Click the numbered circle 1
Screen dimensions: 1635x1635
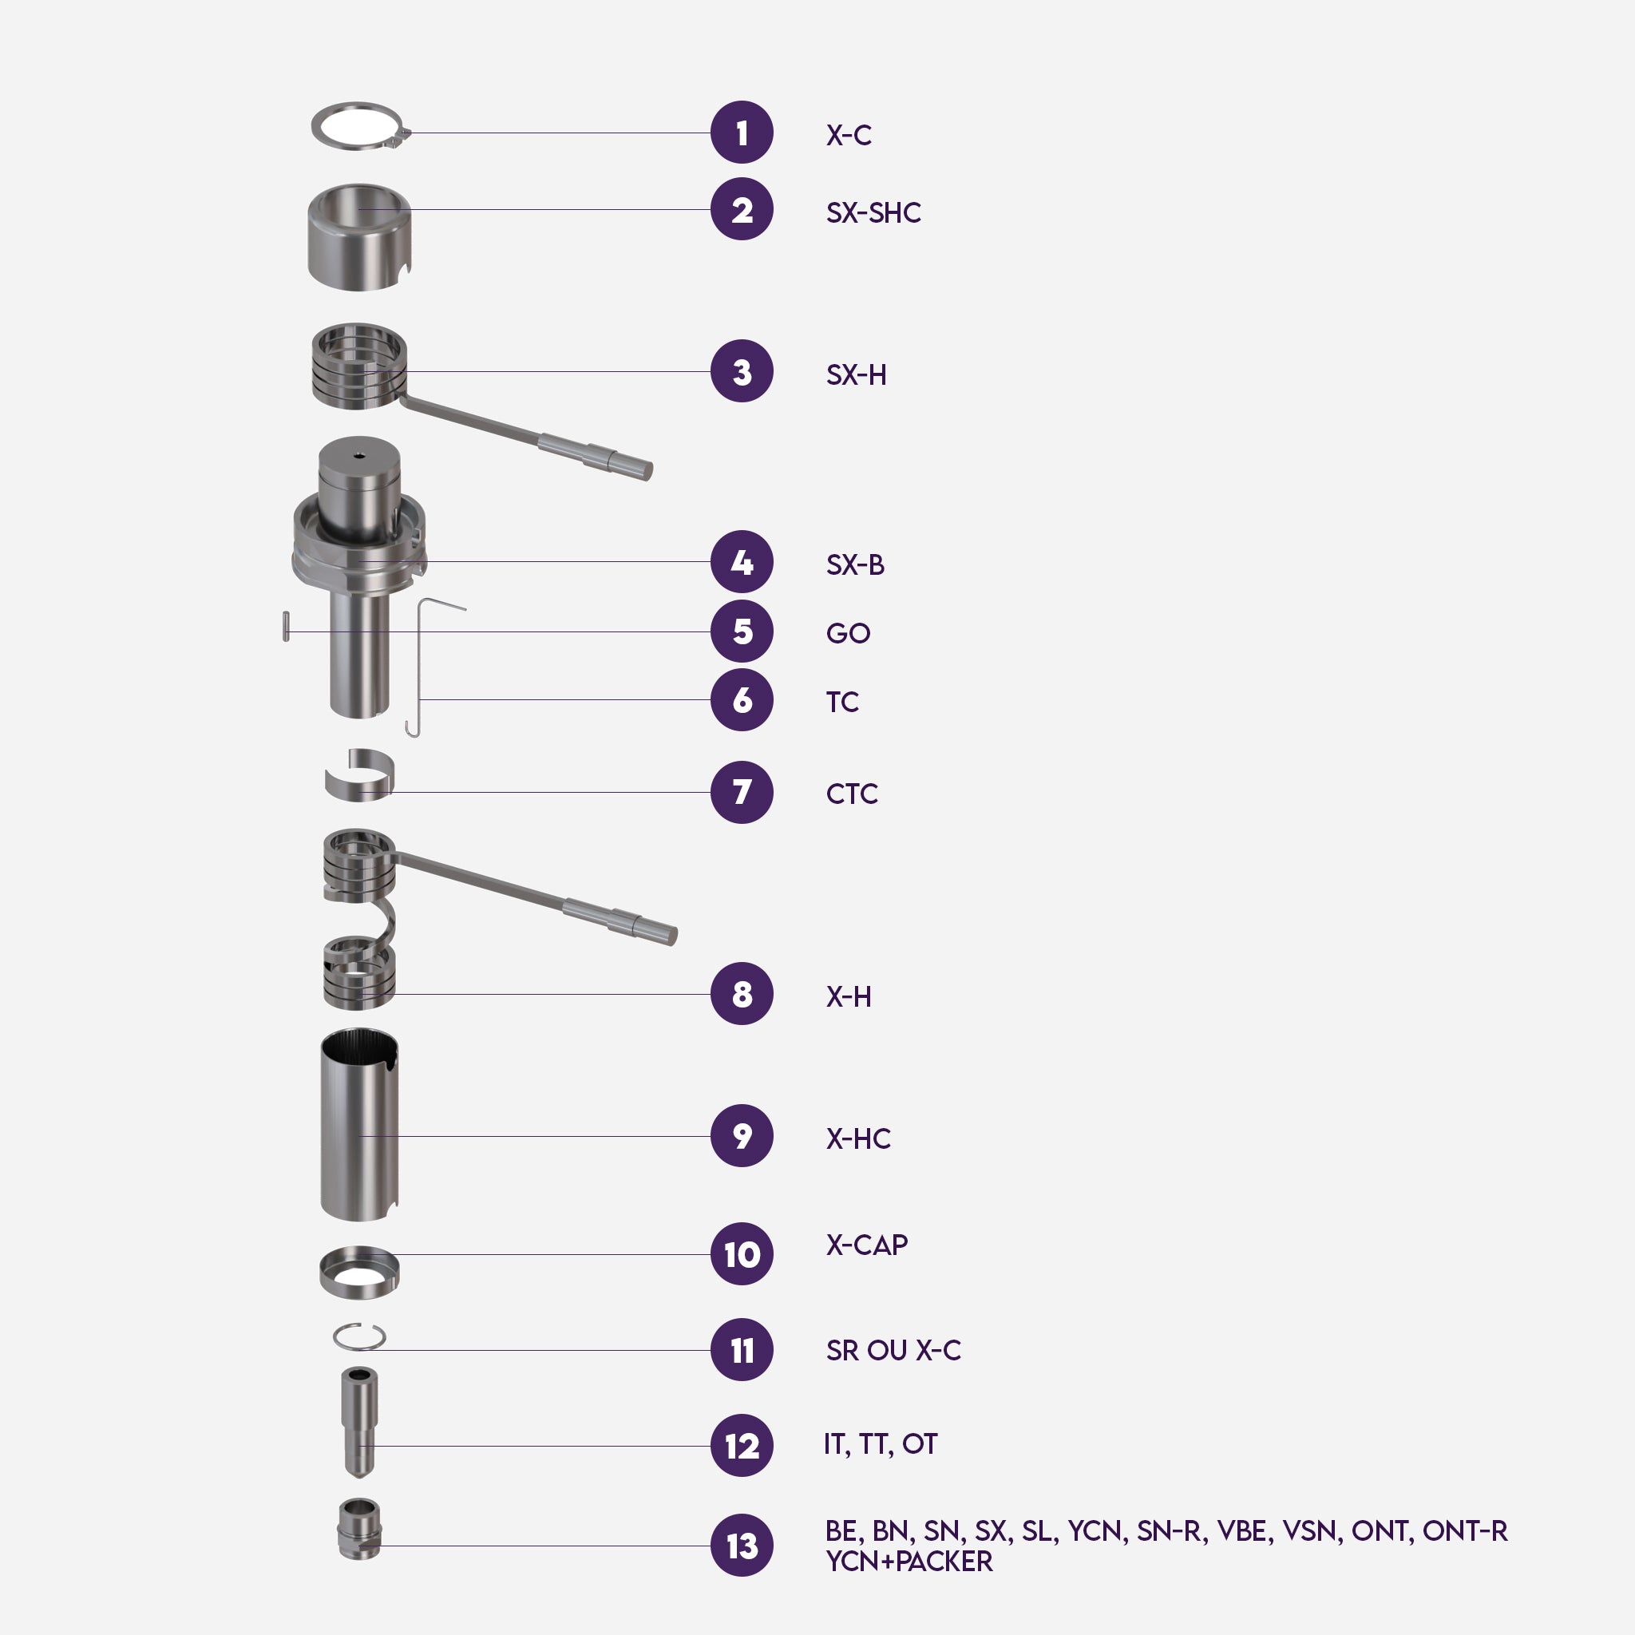742,133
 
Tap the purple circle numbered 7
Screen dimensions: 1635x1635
742,792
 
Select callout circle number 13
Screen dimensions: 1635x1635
742,1546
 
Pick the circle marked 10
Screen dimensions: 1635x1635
742,1254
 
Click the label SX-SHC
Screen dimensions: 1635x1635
873,212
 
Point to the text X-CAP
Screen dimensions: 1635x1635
866,1245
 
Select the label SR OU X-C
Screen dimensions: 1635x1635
893,1350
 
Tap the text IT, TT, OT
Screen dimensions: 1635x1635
880,1443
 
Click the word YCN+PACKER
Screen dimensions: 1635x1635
909,1562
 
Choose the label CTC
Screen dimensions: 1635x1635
851,794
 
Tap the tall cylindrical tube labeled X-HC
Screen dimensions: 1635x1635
358,1126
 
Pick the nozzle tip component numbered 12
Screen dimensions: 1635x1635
358,1422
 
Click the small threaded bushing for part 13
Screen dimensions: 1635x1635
358,1530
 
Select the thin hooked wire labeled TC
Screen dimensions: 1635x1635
419,668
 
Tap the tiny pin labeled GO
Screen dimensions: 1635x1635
286,626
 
